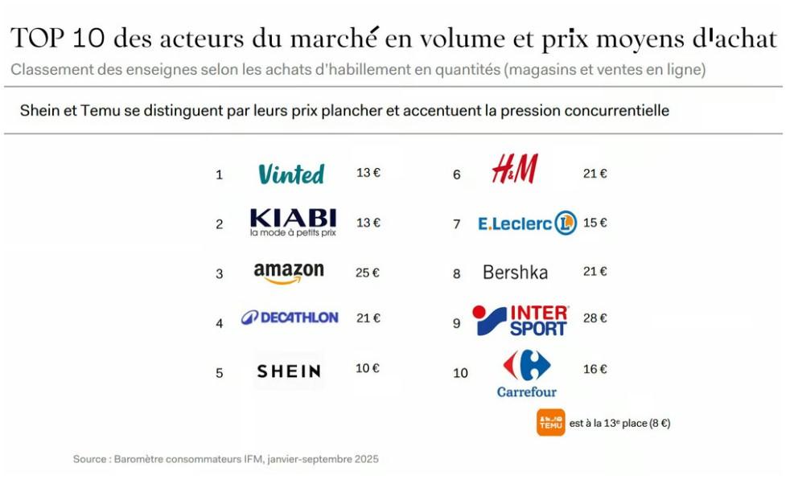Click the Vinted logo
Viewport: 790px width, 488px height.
290,174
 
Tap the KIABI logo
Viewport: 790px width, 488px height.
293,222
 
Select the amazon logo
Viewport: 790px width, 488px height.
289,273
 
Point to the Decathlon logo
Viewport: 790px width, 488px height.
290,318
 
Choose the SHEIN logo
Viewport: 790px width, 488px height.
289,371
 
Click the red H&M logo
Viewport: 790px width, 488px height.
515,170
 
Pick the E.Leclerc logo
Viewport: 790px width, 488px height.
527,223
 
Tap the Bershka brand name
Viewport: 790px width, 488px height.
515,273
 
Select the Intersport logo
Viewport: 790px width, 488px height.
520,321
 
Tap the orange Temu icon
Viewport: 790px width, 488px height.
551,422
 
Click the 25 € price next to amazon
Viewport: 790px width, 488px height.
367,273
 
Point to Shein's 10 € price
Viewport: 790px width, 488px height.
367,368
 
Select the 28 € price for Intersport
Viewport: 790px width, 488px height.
595,318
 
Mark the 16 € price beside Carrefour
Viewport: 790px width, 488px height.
595,369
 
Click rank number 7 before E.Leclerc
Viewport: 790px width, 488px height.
456,223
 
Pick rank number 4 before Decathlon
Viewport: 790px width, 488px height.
219,323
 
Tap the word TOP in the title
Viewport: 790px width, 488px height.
37,38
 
